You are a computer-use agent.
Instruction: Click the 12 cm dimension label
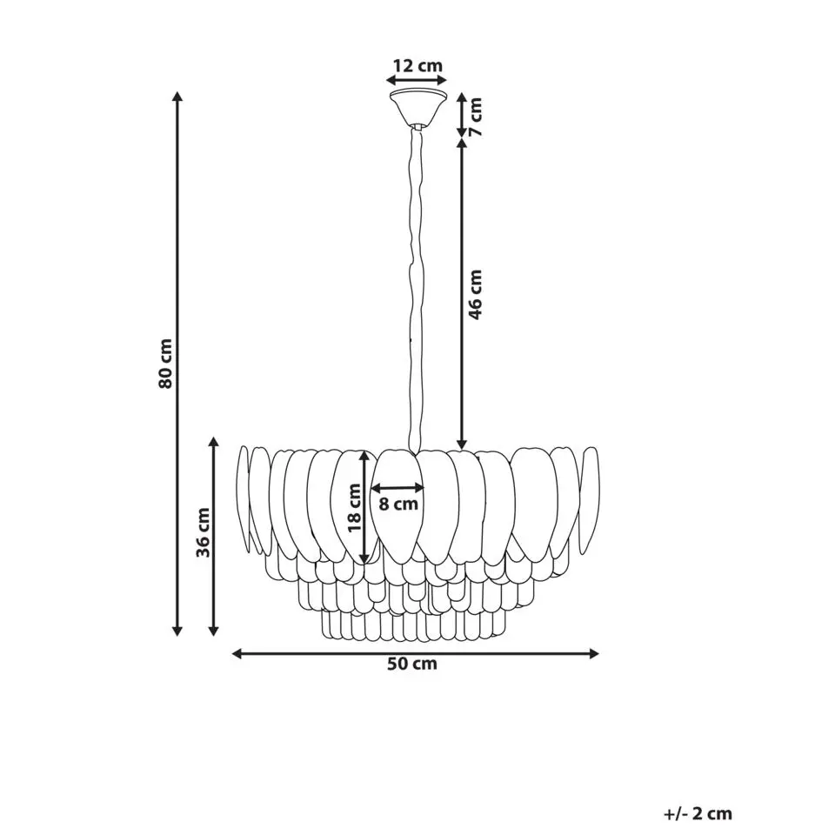point(417,65)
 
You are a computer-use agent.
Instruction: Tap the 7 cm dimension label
point(475,116)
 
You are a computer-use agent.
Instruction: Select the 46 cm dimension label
point(475,295)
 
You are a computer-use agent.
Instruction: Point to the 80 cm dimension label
point(165,364)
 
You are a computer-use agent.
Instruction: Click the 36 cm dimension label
point(203,532)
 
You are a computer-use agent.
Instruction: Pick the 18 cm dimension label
point(354,507)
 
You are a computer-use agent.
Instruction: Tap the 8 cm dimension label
point(398,504)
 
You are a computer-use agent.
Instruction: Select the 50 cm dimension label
point(412,664)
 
